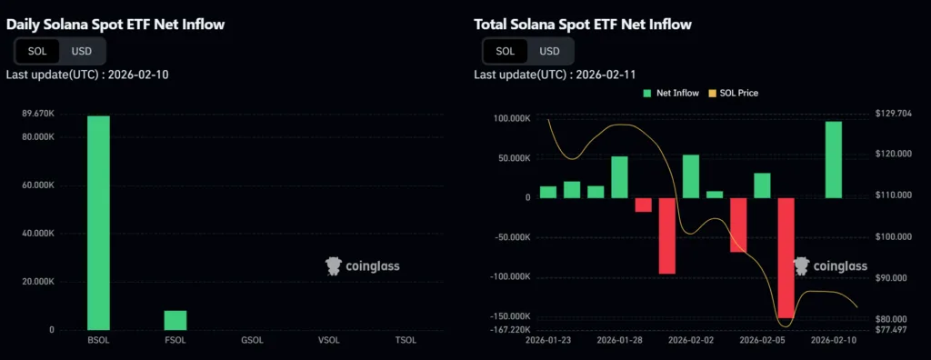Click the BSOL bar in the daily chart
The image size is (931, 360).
click(98, 223)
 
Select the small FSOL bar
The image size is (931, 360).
click(175, 320)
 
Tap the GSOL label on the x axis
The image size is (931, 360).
click(252, 341)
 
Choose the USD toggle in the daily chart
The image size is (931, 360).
click(82, 51)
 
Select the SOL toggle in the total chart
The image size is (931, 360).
click(505, 51)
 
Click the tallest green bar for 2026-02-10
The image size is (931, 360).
click(834, 160)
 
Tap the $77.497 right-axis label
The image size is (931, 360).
click(892, 329)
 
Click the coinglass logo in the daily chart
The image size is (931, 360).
click(362, 265)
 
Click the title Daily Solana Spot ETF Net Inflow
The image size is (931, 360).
click(115, 25)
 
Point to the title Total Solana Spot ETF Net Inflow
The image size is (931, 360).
click(583, 25)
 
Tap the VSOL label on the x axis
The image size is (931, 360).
click(328, 341)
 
